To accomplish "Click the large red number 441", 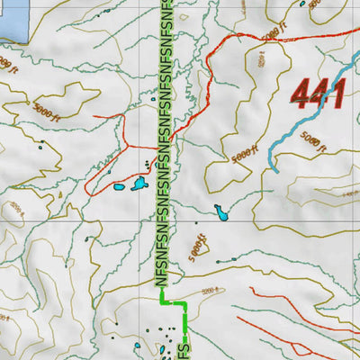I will [319, 93].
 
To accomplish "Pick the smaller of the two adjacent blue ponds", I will [119, 188].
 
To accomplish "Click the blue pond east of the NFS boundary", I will [220, 213].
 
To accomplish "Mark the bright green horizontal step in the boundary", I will [173, 304].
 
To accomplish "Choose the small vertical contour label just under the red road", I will [263, 61].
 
